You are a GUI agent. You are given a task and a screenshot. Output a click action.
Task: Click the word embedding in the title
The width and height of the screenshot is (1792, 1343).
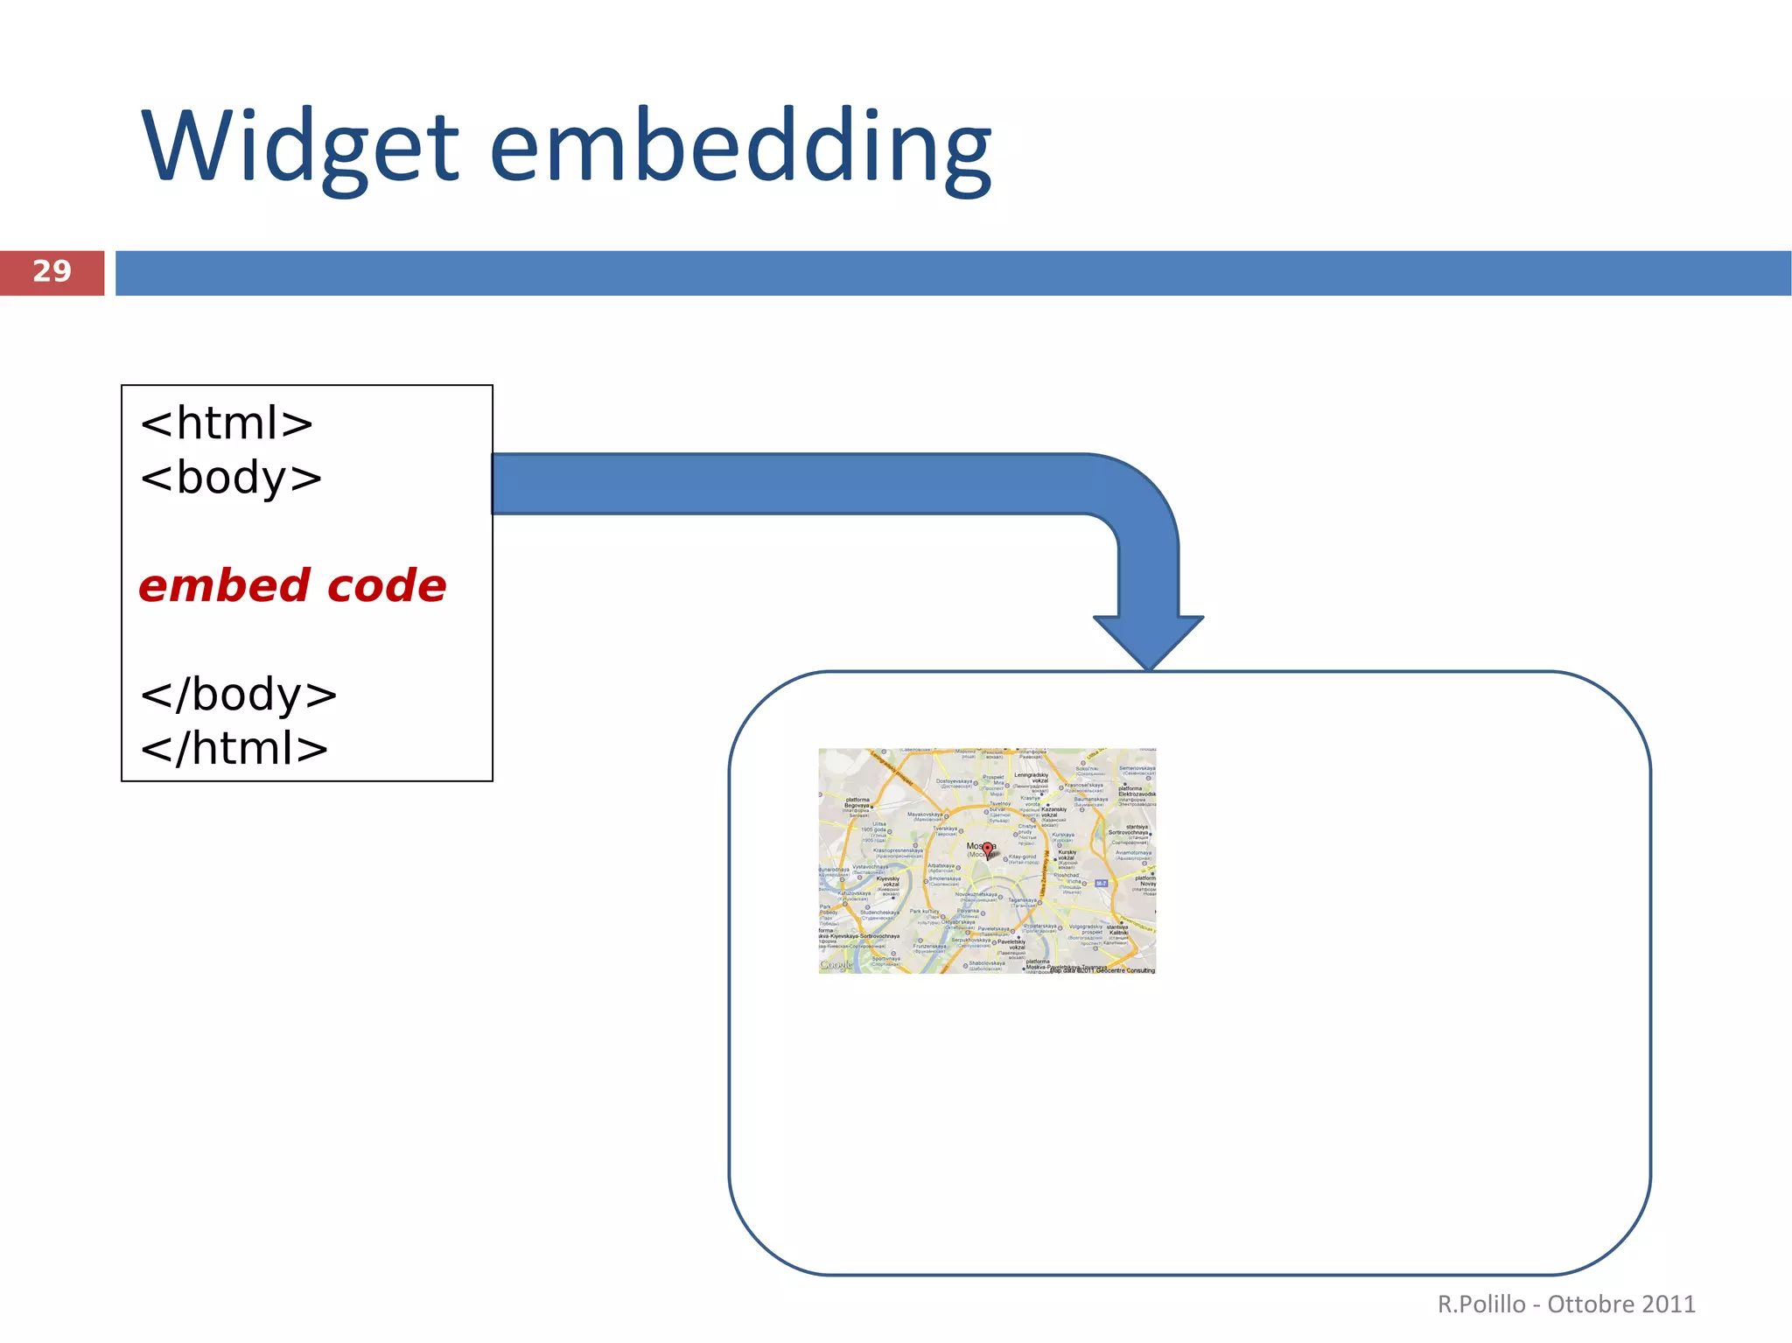click(x=740, y=147)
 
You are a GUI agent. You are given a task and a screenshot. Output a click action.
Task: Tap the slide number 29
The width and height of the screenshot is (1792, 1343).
click(x=52, y=272)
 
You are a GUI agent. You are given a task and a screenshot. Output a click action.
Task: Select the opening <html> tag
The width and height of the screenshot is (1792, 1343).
click(x=227, y=423)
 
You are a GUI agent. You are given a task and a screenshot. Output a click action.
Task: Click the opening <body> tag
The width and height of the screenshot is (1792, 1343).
click(x=231, y=478)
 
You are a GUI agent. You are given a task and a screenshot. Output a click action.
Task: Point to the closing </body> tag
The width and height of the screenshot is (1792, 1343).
click(x=238, y=695)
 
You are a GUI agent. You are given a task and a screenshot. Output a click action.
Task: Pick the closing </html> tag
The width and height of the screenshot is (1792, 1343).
click(x=234, y=749)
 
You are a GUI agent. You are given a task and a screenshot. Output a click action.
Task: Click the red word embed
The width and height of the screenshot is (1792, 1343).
click(x=224, y=586)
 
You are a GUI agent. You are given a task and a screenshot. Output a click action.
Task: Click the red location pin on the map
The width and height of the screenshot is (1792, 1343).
click(x=987, y=849)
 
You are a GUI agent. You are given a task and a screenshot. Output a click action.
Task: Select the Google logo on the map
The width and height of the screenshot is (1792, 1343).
click(x=836, y=965)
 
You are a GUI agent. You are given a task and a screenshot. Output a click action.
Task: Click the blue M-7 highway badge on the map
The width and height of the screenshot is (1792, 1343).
click(x=1101, y=884)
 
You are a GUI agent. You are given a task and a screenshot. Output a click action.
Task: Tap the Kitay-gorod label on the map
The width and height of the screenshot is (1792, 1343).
click(x=1022, y=857)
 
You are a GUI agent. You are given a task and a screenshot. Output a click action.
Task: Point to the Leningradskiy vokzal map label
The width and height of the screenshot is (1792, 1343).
click(x=1032, y=778)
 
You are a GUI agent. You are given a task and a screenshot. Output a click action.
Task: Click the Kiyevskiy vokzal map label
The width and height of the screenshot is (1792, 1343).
click(x=888, y=882)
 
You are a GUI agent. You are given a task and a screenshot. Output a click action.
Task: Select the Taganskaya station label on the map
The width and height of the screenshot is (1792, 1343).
click(x=1022, y=900)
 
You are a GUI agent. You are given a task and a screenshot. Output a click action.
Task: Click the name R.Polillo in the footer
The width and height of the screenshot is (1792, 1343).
click(x=1481, y=1305)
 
